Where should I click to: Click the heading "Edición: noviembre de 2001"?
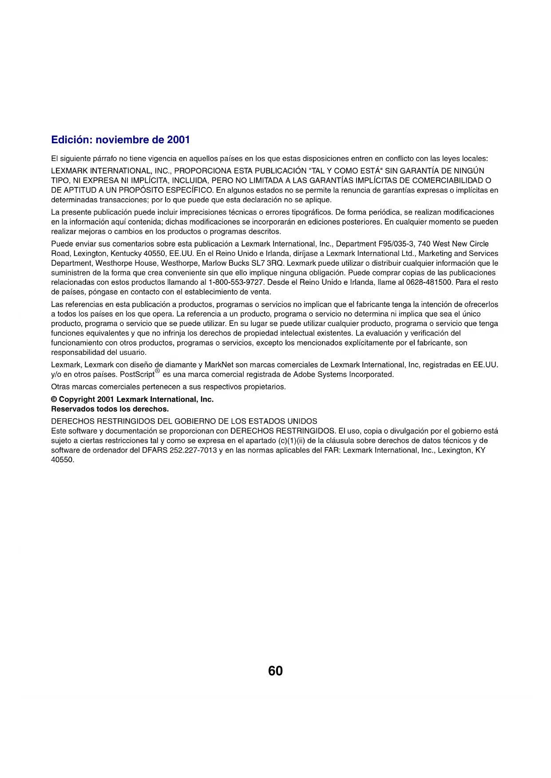120,140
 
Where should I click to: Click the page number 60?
275,671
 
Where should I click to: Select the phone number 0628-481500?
429,283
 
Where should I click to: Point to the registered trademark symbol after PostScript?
157,371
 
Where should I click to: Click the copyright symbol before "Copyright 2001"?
54,399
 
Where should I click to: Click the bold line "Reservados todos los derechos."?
110,409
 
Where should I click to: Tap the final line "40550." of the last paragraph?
63,460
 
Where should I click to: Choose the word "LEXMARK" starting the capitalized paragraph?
70,171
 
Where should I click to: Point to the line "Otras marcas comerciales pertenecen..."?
168,387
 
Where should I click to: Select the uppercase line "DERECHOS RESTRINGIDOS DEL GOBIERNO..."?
184,421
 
